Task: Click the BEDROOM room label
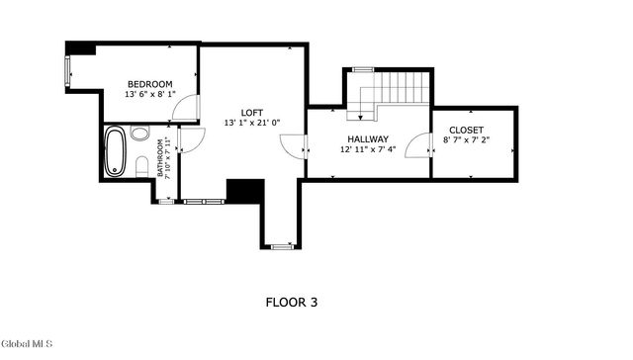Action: [149, 84]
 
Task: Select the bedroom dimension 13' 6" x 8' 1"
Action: [149, 95]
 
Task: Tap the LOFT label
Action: [252, 112]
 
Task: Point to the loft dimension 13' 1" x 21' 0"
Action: [252, 123]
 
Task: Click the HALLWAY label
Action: [367, 139]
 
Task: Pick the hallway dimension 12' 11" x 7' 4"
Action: [367, 150]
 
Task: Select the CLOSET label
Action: [466, 131]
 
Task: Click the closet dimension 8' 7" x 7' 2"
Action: [466, 141]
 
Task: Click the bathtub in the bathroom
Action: [116, 151]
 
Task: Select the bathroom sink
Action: [139, 134]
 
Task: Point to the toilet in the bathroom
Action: [140, 163]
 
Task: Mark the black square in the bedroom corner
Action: [80, 48]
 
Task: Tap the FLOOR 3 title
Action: [292, 302]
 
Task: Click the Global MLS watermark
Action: [27, 343]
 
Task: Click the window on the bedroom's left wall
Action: [68, 72]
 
